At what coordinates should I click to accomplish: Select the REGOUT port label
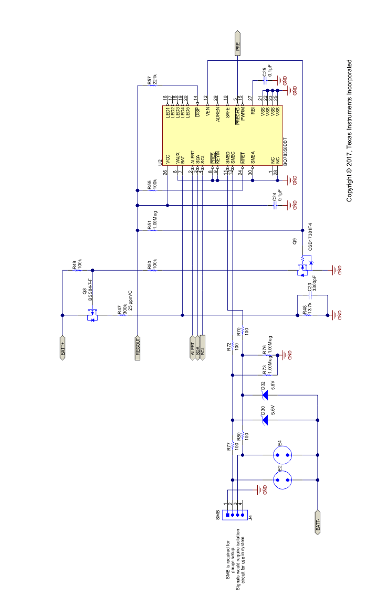(138, 347)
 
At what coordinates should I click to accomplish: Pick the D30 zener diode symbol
(265, 420)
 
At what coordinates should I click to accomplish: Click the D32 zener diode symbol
(265, 395)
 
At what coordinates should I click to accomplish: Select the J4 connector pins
(233, 515)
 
